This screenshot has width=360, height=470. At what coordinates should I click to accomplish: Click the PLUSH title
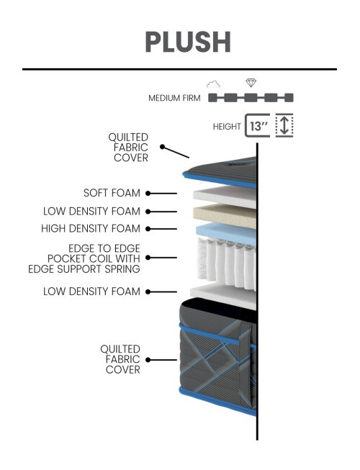188,42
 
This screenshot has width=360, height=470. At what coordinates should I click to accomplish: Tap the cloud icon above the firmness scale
213,84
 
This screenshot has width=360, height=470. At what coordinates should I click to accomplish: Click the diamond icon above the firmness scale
251,83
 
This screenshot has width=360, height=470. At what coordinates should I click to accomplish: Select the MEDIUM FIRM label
174,98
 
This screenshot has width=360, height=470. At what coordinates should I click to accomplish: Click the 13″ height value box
257,125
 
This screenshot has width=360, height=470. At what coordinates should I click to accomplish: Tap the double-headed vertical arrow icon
284,125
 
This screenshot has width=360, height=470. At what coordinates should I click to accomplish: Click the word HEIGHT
227,127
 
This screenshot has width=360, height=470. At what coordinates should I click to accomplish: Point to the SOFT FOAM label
112,193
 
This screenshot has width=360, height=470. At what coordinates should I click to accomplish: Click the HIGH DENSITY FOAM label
91,229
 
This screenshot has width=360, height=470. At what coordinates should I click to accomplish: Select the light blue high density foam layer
227,233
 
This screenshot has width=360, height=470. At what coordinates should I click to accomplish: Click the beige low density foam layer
225,215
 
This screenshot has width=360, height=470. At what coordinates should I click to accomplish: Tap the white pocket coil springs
227,263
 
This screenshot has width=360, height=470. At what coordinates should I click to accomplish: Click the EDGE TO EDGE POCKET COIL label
84,258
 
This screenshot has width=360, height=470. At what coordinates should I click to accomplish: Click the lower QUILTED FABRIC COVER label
120,359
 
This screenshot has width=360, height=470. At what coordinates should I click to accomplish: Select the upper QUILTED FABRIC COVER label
128,148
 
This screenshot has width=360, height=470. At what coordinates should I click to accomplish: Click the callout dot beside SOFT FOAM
148,194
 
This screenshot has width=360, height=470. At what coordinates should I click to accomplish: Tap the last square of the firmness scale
289,98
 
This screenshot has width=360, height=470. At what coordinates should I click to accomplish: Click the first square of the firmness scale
213,98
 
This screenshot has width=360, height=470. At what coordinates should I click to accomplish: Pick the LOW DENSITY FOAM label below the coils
91,292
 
